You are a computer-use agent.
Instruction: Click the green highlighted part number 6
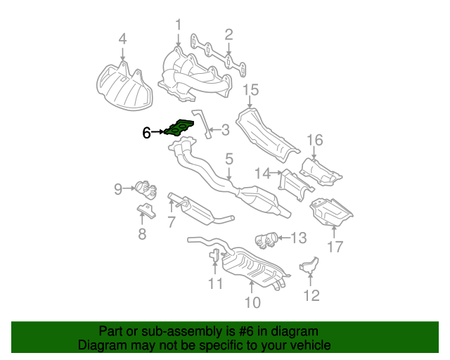(179, 128)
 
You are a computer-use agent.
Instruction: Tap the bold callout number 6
(146, 133)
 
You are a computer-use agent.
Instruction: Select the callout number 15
(251, 90)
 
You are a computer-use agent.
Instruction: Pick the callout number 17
(335, 247)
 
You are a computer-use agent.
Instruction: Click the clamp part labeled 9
(146, 189)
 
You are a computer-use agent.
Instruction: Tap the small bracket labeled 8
(146, 211)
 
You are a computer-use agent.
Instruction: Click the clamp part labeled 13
(266, 240)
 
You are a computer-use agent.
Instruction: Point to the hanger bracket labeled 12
(309, 265)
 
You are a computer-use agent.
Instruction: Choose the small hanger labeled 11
(214, 255)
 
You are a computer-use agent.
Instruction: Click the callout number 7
(172, 222)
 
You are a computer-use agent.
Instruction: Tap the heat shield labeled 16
(321, 172)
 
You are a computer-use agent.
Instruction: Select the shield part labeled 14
(295, 185)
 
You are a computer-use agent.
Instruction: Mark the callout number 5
(229, 159)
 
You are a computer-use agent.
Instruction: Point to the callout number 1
(179, 25)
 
